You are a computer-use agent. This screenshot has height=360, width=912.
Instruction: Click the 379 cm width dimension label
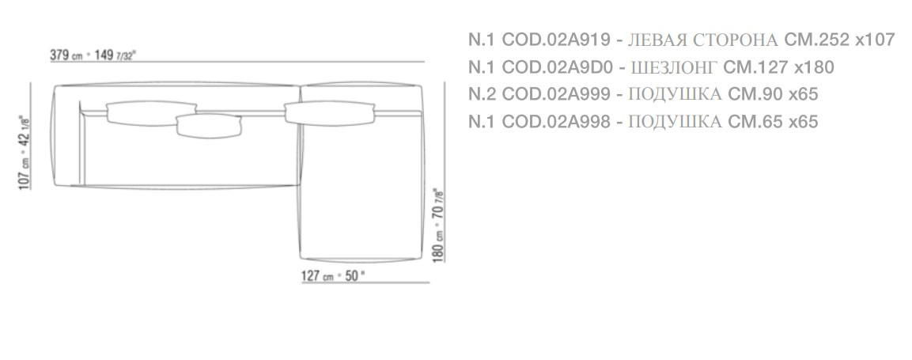93,56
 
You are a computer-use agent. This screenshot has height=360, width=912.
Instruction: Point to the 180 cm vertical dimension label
438,224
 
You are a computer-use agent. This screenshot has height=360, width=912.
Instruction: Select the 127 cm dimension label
333,275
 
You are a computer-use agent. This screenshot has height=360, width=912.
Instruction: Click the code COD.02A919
555,40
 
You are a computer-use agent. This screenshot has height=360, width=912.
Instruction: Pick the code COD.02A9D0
557,67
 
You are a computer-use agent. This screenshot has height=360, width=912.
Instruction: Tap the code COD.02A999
555,93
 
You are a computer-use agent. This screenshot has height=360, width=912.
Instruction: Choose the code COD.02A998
555,121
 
